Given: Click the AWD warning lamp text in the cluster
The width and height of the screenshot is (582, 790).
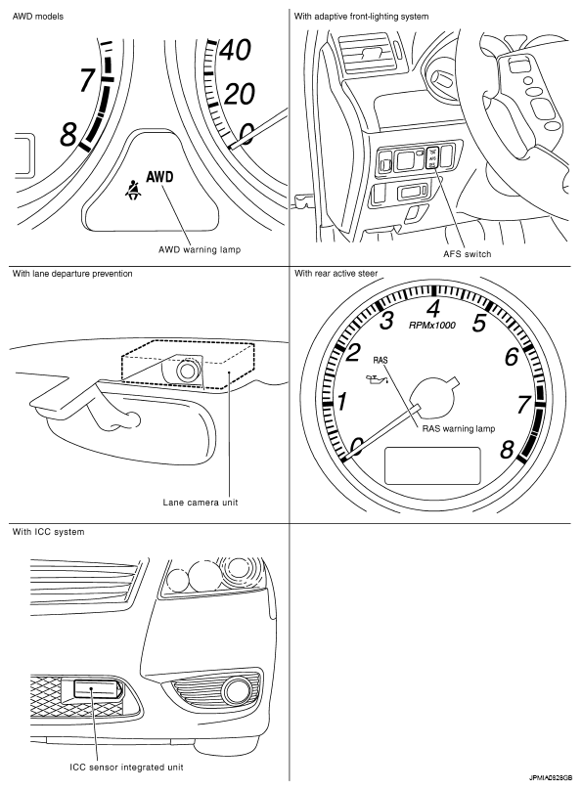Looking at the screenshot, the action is (x=159, y=177).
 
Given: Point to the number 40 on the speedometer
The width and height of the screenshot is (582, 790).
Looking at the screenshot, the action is (x=236, y=50).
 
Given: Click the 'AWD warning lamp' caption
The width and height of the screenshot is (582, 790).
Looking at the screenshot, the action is (x=200, y=249).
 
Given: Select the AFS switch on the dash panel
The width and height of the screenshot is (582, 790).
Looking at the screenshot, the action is (x=431, y=157).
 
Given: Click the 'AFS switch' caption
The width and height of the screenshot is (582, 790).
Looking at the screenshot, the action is (x=468, y=254).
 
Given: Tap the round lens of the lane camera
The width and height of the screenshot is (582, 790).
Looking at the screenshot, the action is (x=187, y=371).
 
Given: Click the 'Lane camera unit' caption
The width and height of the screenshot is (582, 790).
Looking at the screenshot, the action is (x=201, y=503).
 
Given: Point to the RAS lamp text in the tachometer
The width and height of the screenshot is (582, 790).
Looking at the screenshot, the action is (x=381, y=360).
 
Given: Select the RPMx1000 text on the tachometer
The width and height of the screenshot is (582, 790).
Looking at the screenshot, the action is (x=431, y=326).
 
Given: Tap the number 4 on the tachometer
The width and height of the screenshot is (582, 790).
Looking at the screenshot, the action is (x=434, y=308).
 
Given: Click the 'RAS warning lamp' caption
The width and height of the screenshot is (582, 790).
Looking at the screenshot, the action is (x=459, y=429).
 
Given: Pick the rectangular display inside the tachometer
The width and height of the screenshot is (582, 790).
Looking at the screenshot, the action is (x=432, y=465).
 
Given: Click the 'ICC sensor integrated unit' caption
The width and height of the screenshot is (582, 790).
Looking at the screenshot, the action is (x=126, y=768).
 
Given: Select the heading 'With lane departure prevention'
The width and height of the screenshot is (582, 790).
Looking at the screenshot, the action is (x=72, y=274).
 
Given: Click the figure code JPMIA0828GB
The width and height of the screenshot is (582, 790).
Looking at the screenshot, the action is (x=551, y=777).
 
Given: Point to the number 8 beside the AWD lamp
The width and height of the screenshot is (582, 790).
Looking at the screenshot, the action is (x=68, y=135).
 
